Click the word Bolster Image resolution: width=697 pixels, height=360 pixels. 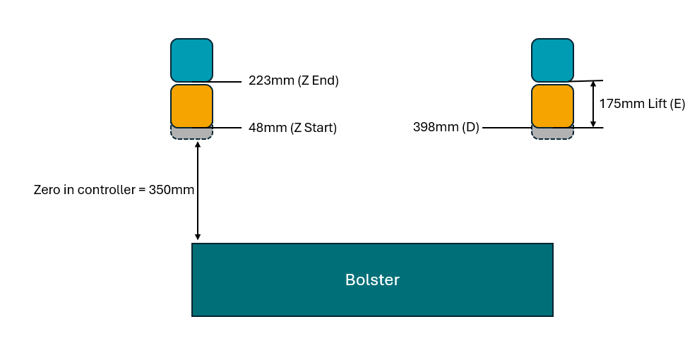372,280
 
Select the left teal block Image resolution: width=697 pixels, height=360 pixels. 191,60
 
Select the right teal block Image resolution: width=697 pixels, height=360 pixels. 552,60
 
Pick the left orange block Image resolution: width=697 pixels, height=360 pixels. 191,105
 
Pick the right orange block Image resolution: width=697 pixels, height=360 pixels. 552,105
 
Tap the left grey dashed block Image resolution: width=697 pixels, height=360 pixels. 191,133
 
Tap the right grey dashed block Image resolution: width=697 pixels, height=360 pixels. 552,133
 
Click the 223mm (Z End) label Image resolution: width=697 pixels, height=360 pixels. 294,80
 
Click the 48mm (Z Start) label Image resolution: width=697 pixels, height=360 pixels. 292,128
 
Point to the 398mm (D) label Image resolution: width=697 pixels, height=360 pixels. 446,127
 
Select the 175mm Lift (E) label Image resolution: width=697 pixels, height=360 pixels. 642,104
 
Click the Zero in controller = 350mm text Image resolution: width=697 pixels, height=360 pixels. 114,190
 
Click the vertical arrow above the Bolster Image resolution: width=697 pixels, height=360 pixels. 198,191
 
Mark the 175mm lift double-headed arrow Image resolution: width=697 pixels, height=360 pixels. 592,104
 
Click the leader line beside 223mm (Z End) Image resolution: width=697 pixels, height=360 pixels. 227,82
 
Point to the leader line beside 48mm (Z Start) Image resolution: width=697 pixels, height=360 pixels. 227,128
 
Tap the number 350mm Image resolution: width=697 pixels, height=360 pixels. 172,190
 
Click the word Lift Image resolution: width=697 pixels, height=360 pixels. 657,104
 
